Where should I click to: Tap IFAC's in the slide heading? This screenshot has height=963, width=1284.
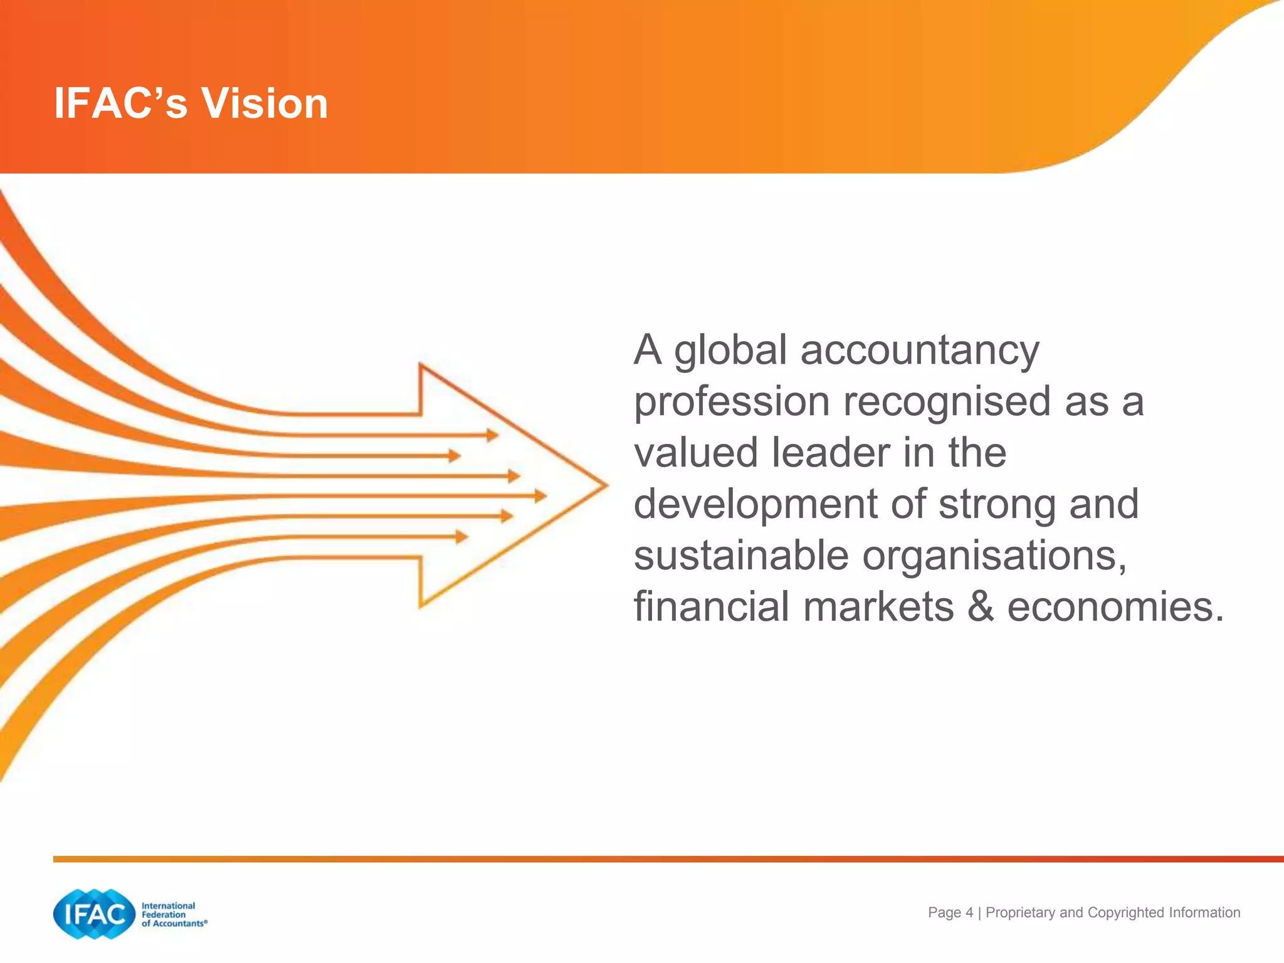(x=120, y=103)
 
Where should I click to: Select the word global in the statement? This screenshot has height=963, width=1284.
(x=730, y=351)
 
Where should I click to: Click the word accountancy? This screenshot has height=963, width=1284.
(x=920, y=351)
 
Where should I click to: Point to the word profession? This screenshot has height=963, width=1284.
(x=732, y=403)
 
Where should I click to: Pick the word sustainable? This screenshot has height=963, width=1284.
(x=740, y=555)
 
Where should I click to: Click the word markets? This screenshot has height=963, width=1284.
(x=878, y=607)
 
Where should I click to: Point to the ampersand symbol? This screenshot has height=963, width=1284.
(x=981, y=607)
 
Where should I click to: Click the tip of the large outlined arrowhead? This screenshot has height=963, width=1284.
(x=606, y=485)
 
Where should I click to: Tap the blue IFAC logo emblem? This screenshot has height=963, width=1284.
(x=94, y=914)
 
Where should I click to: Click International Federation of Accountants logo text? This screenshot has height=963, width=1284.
(x=173, y=915)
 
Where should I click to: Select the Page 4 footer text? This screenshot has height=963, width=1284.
(x=950, y=913)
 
